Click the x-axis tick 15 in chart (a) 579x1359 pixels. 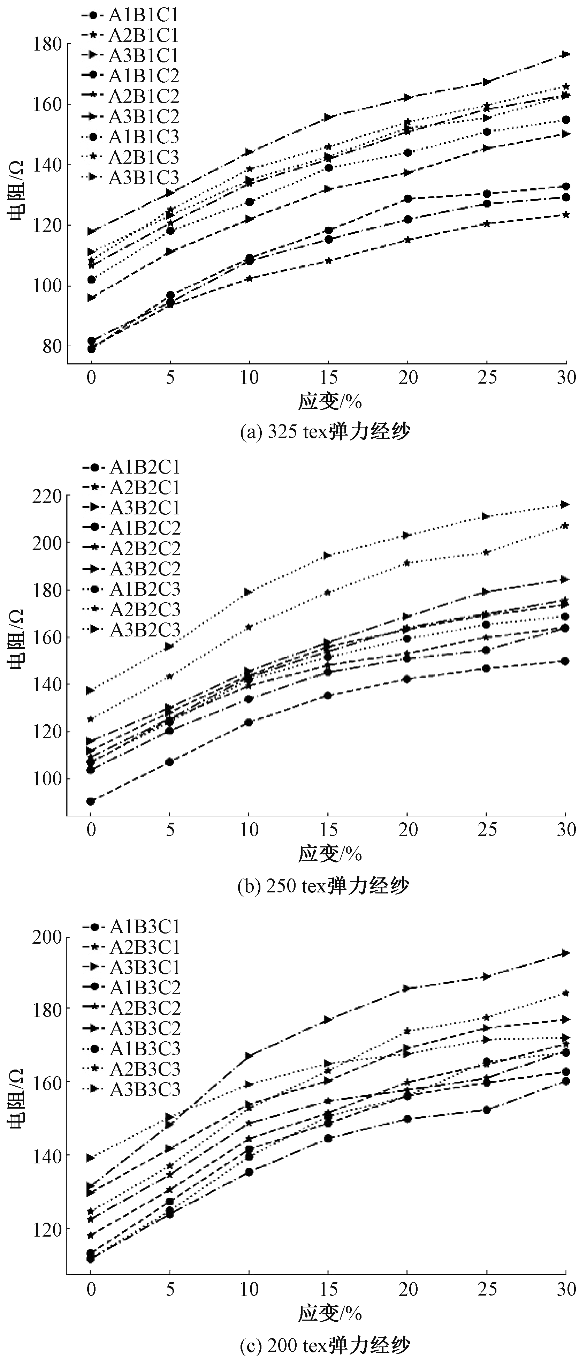pyautogui.click(x=328, y=378)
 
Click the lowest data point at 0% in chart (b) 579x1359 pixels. pyautogui.click(x=91, y=801)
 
